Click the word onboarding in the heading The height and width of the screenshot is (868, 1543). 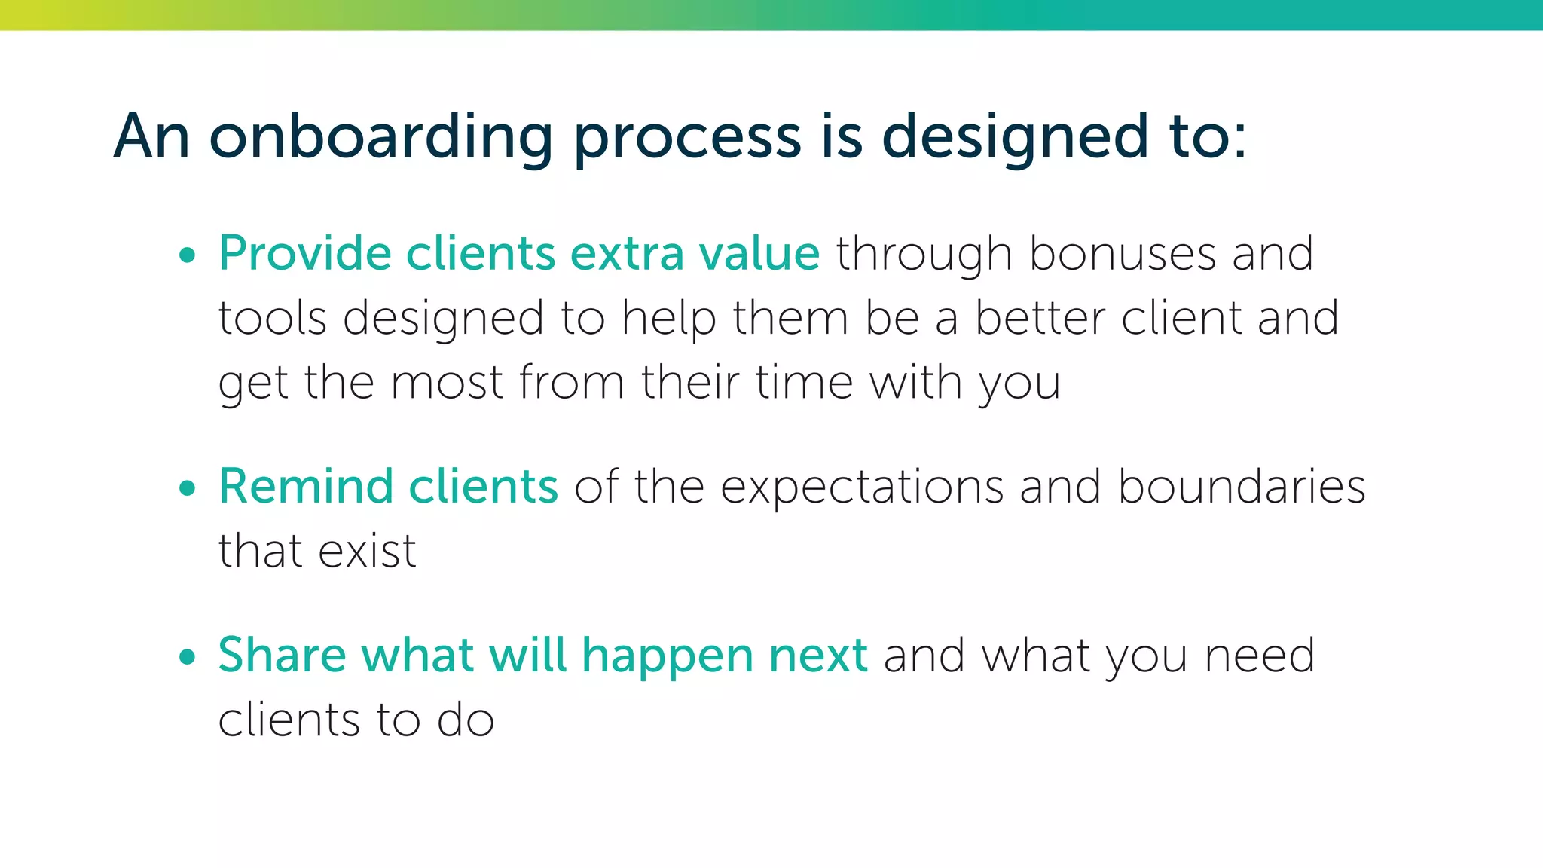coord(381,137)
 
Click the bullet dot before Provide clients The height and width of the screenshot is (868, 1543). coord(188,255)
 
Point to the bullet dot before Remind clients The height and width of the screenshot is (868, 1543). coord(188,488)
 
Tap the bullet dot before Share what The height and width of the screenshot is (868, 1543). coord(188,656)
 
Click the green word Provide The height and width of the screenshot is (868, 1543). coord(304,253)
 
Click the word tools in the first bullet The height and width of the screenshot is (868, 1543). coord(272,318)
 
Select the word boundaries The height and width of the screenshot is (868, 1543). coord(1242,486)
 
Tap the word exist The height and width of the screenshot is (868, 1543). coord(367,551)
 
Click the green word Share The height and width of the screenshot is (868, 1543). coord(282,654)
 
